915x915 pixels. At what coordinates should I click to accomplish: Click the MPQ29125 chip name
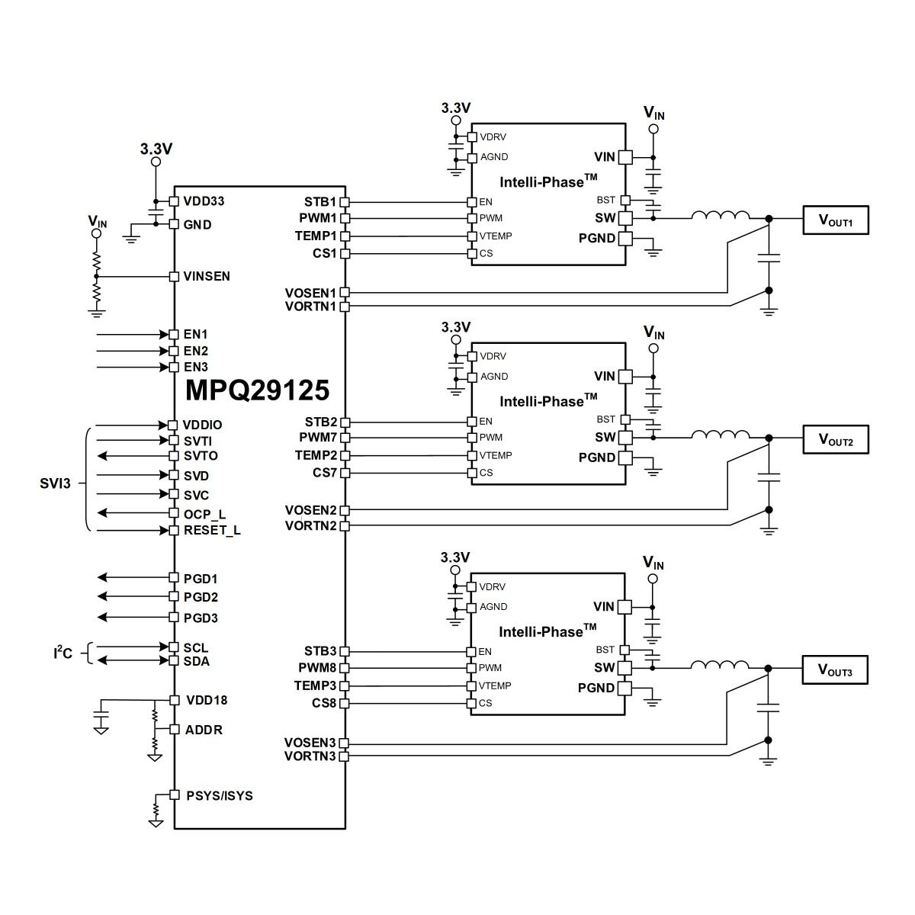click(x=257, y=390)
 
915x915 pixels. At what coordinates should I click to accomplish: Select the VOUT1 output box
click(x=835, y=220)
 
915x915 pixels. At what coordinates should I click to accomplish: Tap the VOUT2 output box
click(x=835, y=439)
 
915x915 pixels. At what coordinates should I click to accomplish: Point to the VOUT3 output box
click(x=835, y=669)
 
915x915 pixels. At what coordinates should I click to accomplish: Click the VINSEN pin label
click(x=207, y=276)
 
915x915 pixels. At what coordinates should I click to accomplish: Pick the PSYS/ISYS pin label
click(x=220, y=795)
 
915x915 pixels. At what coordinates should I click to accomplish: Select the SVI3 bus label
click(x=55, y=483)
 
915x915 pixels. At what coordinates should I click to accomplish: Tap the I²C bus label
click(x=63, y=653)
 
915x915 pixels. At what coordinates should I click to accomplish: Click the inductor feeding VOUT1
click(x=721, y=215)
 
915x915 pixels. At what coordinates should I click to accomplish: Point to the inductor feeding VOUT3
click(x=720, y=665)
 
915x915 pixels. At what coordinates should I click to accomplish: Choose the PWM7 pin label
click(x=318, y=438)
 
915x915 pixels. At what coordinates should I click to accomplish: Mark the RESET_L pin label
click(x=212, y=531)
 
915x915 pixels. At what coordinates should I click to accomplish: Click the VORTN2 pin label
click(x=310, y=525)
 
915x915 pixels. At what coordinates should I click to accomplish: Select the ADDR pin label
click(x=204, y=730)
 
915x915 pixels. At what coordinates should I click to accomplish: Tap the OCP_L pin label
click(x=204, y=514)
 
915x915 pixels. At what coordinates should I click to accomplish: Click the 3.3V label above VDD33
click(x=156, y=149)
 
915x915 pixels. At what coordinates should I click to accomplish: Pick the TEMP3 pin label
click(x=315, y=685)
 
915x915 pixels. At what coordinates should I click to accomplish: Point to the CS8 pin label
click(x=324, y=703)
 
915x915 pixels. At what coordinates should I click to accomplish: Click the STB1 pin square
click(x=345, y=202)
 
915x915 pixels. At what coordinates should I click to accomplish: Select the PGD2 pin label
click(x=201, y=597)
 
